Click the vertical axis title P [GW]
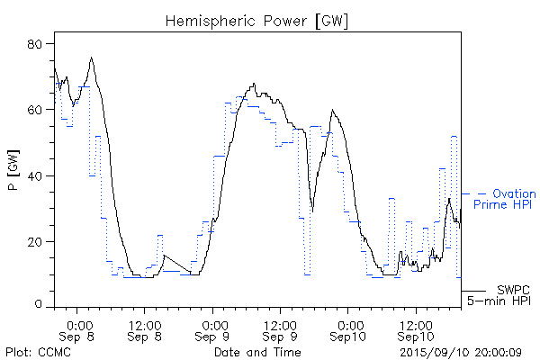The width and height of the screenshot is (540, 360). pos(13,175)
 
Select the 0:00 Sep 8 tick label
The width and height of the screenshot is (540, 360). pos(79,329)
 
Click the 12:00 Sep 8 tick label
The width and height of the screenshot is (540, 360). pos(146,329)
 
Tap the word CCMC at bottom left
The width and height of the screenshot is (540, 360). pos(51,351)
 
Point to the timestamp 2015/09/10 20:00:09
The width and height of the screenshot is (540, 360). pos(460,351)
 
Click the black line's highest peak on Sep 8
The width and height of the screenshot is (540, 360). pos(92,58)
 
